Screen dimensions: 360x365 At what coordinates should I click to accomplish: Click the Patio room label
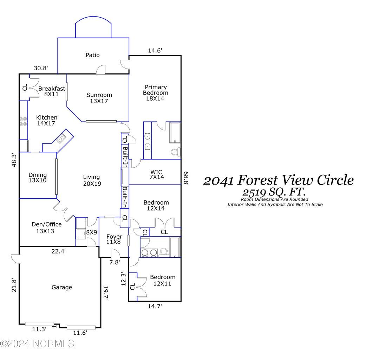pos(93,55)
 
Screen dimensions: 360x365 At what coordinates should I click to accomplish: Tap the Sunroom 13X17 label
pos(99,98)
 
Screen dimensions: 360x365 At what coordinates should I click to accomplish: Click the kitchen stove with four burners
pos(24,122)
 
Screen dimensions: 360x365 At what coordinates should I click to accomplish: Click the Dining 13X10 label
pos(38,178)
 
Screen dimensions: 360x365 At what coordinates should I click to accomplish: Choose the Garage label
pos(62,287)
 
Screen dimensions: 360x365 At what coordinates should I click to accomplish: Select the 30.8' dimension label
pos(41,68)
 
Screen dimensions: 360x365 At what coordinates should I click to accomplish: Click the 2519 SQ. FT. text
pos(274,192)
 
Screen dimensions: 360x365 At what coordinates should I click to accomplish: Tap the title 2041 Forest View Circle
pos(278,180)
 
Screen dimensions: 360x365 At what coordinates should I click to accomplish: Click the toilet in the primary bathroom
pos(175,152)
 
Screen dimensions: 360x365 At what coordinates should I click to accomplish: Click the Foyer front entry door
pos(115,253)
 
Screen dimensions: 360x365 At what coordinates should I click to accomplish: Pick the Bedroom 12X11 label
pos(162,280)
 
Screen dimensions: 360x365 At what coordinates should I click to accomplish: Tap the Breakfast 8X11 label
pos(52,91)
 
